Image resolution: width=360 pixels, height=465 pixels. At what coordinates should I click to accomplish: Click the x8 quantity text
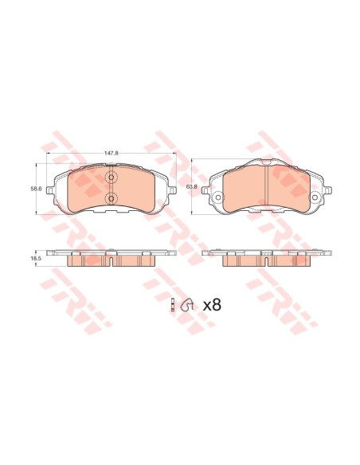pyautogui.click(x=211, y=304)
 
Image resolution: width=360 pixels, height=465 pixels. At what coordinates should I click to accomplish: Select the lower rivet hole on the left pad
pyautogui.click(x=111, y=197)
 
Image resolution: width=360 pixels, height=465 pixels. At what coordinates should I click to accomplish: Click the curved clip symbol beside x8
pyautogui.click(x=187, y=304)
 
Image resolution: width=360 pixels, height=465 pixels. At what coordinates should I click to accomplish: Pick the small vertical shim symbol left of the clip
pyautogui.click(x=174, y=304)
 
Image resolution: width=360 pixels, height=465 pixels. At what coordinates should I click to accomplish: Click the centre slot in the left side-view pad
pyautogui.click(x=111, y=261)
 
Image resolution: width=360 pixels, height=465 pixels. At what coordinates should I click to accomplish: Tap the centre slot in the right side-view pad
pyautogui.click(x=265, y=261)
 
